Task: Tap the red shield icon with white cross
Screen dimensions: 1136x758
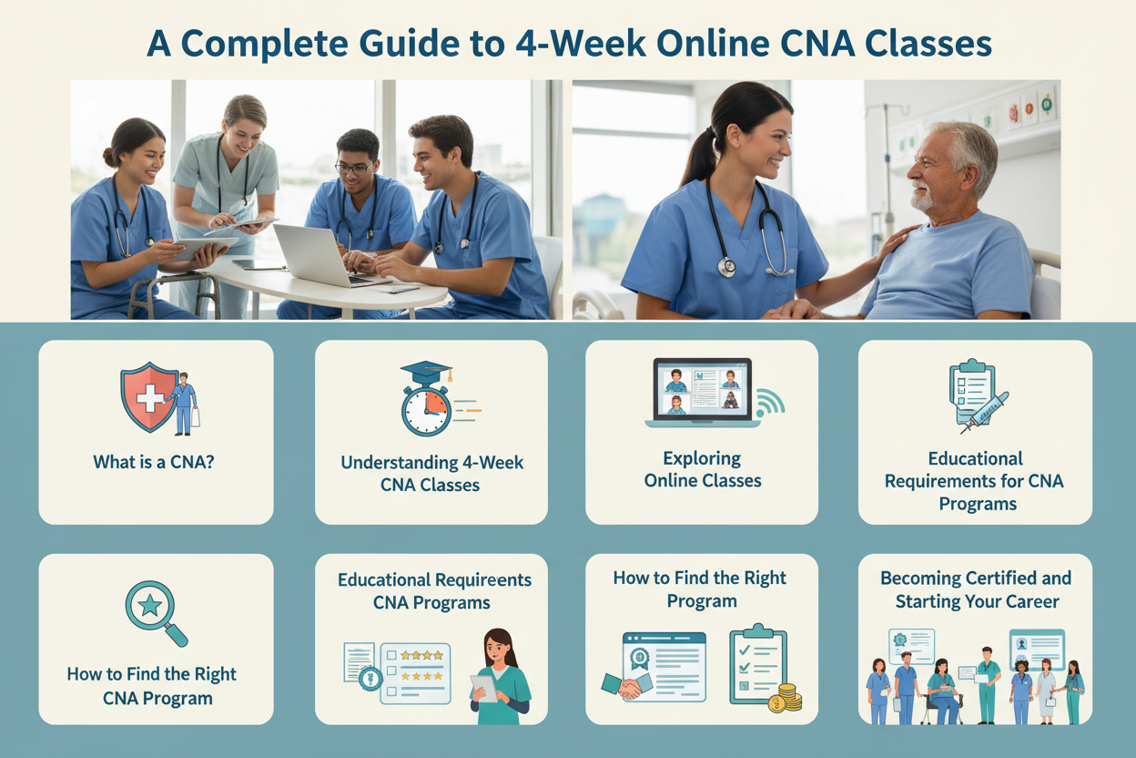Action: [148, 396]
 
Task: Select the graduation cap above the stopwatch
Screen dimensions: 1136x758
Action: [427, 373]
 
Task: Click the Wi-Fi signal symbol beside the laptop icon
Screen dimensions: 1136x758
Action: [770, 403]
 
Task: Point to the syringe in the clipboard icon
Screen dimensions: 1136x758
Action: [984, 413]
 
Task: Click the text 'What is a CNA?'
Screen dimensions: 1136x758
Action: [154, 462]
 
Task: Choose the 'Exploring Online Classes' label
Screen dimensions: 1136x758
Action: [703, 469]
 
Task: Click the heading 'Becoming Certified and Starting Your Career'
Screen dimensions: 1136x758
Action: [976, 589]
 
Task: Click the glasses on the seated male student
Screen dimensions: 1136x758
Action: [354, 168]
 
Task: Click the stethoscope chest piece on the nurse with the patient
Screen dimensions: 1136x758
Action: [727, 267]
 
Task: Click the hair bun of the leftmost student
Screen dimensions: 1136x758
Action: [109, 158]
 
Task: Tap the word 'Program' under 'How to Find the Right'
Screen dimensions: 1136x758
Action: [702, 601]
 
